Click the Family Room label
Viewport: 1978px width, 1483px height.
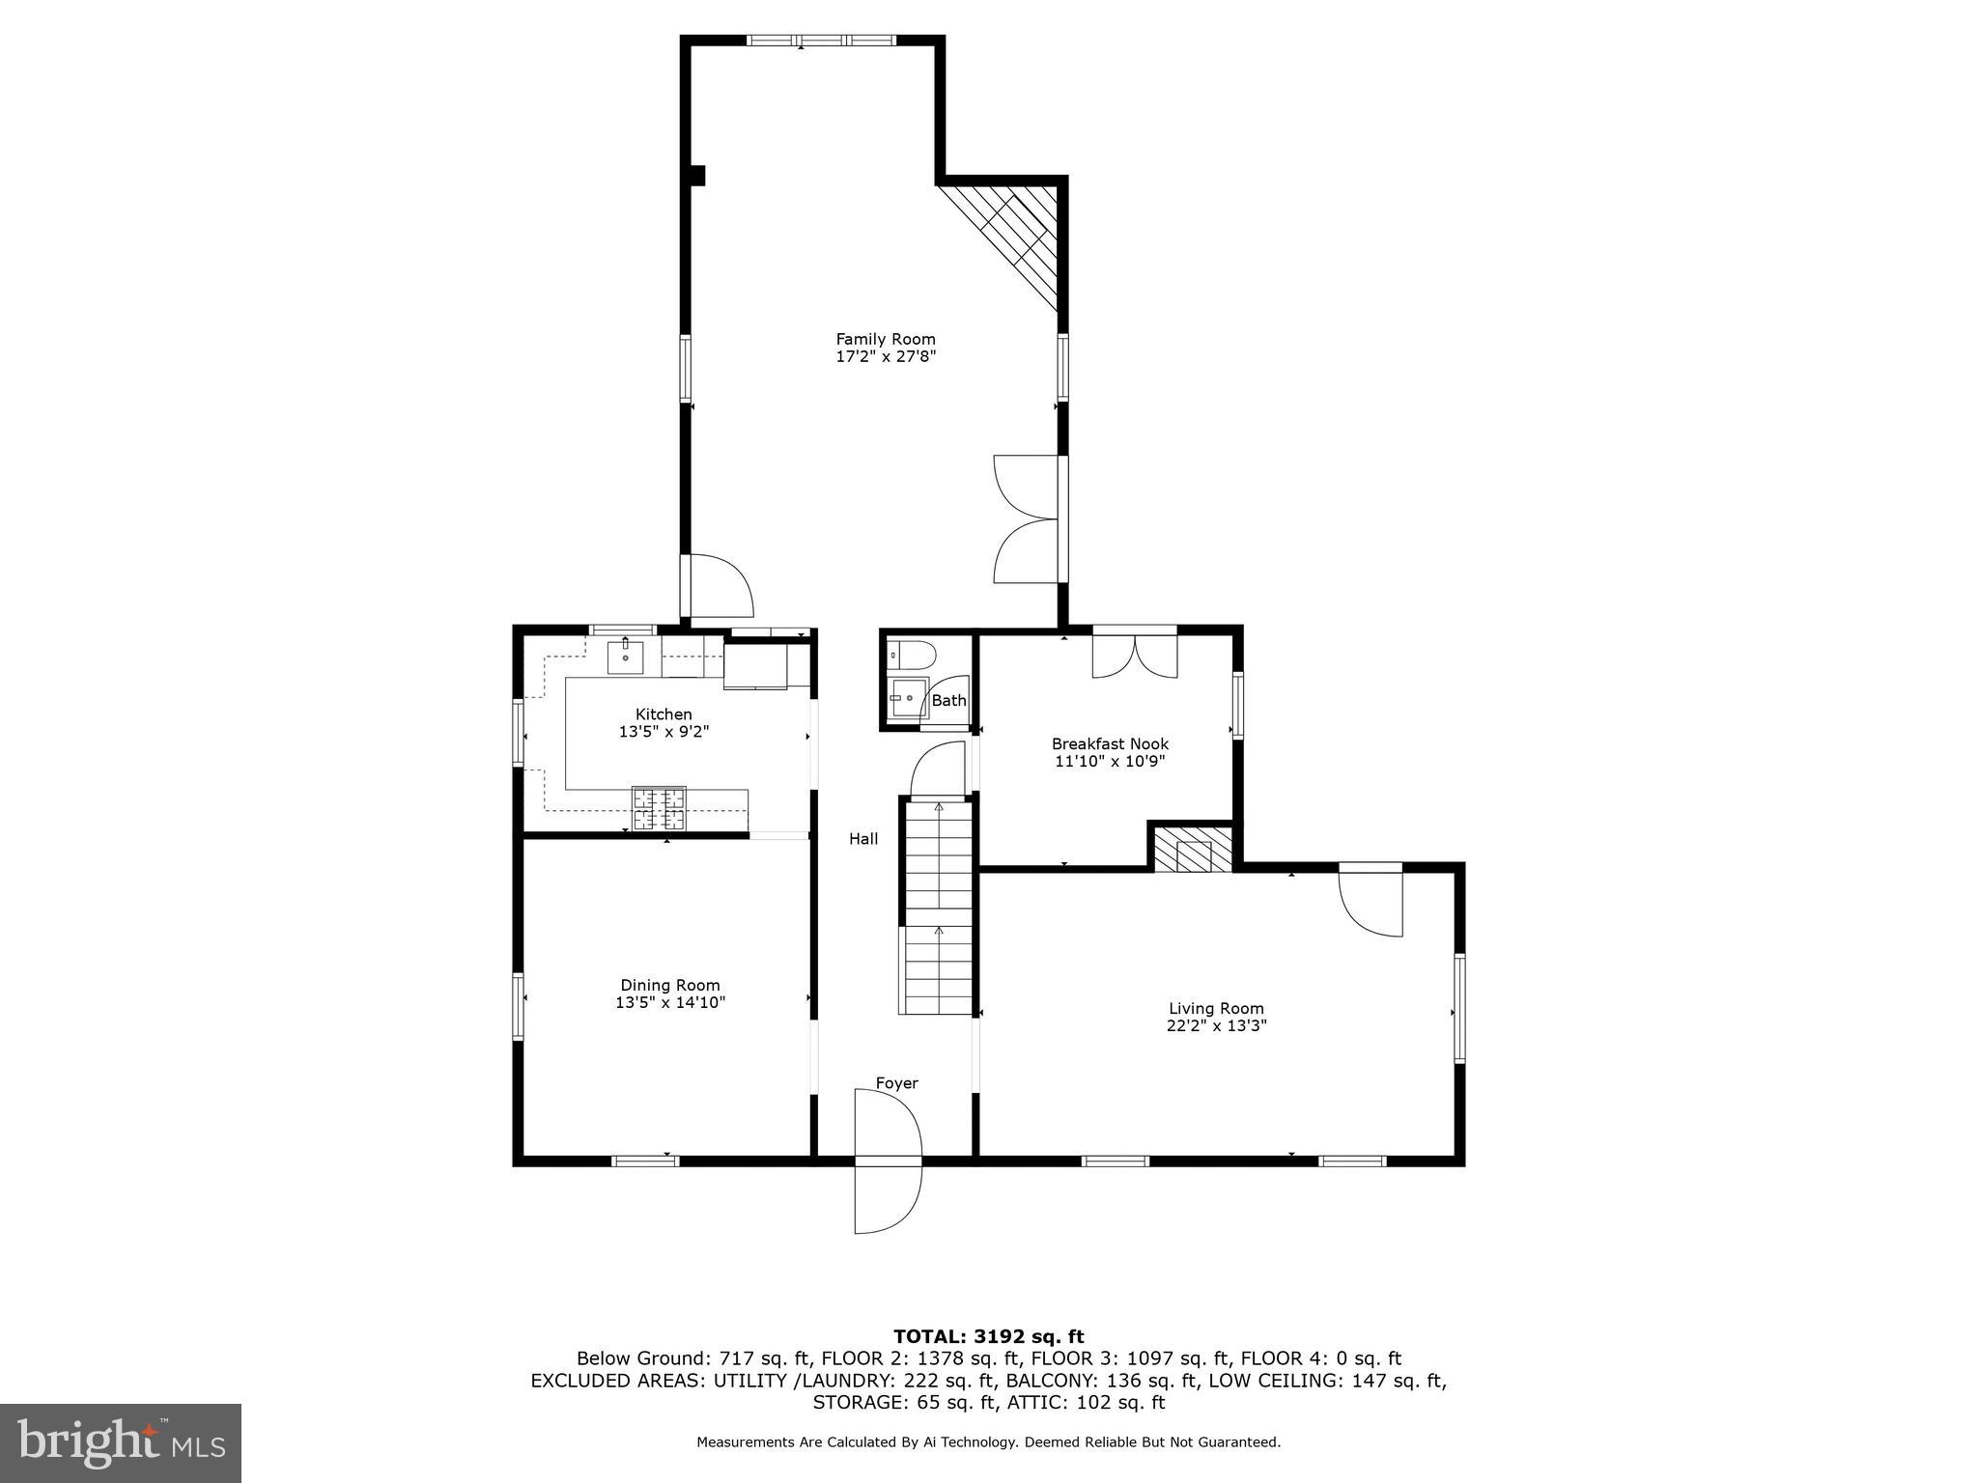click(x=885, y=339)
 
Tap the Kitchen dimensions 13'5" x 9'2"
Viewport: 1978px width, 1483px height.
click(x=664, y=732)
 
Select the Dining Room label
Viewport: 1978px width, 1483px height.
click(x=669, y=985)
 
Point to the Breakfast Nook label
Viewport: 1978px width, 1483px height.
click(x=1110, y=743)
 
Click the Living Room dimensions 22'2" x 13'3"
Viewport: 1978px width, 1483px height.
click(x=1216, y=1025)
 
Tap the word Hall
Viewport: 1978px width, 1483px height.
click(x=863, y=839)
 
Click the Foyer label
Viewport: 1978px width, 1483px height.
click(x=896, y=1083)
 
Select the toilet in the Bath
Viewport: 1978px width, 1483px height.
click(x=911, y=655)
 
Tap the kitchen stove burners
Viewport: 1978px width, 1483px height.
click(x=659, y=809)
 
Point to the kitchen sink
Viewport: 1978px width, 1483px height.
click(x=626, y=656)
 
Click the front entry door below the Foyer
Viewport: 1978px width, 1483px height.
click(x=887, y=1197)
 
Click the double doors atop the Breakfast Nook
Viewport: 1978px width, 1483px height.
click(x=1135, y=655)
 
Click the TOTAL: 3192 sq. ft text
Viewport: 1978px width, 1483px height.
click(x=988, y=1336)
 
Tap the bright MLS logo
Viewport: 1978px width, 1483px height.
click(x=121, y=1442)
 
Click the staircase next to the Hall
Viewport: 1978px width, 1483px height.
click(x=937, y=908)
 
